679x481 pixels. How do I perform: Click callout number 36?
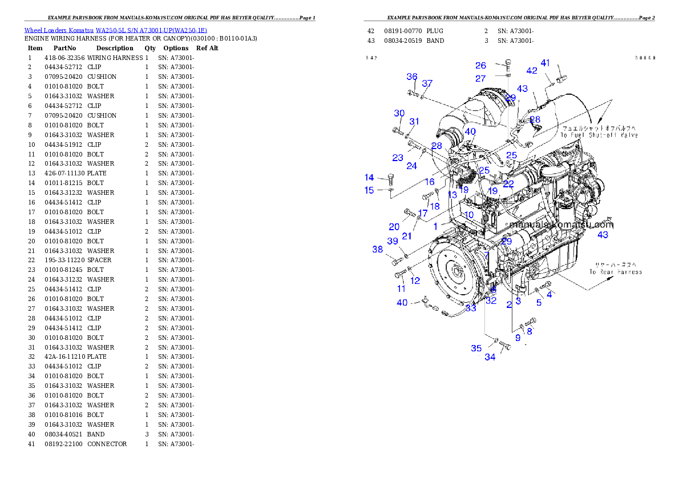coord(412,77)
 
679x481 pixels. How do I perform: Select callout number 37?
coord(427,84)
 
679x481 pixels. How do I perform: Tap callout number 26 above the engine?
coord(481,66)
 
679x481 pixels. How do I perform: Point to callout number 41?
coord(545,63)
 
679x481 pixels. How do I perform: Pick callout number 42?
coord(532,71)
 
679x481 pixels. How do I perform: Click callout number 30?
coord(399,114)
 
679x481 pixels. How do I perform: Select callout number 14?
coord(370,178)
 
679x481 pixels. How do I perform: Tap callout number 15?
coord(370,190)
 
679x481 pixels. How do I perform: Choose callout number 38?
coord(378,250)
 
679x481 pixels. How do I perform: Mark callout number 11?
coord(402,289)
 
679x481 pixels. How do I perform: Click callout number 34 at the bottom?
coord(490,358)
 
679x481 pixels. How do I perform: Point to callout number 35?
coord(476,348)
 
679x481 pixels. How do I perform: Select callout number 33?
coord(471,308)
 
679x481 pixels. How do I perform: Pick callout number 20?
coord(394,227)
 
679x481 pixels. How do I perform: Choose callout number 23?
coord(398,158)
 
